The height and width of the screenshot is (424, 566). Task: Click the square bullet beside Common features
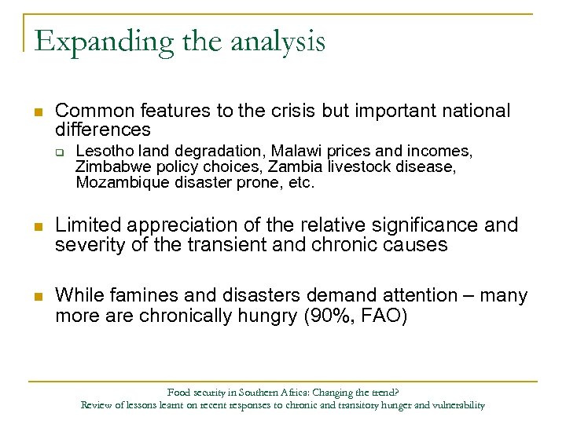pos(37,111)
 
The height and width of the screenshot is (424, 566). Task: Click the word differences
pos(102,129)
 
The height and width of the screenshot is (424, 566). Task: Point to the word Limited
pos(83,226)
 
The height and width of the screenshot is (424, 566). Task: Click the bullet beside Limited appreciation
pos(37,226)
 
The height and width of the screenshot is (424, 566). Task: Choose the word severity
pos(85,245)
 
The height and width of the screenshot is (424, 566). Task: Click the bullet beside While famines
pos(37,296)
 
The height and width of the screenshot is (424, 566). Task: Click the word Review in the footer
pos(97,405)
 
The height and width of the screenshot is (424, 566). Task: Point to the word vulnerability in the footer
pos(456,405)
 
